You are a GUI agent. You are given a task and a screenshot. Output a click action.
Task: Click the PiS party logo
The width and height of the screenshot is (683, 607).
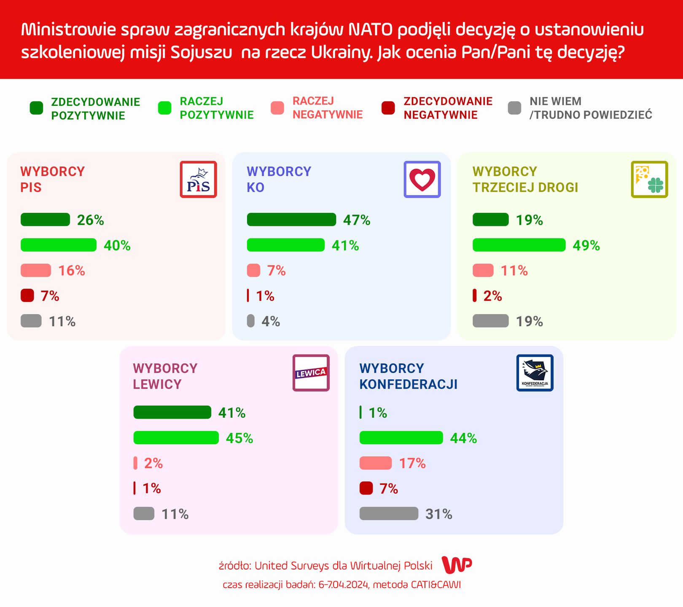[198, 180]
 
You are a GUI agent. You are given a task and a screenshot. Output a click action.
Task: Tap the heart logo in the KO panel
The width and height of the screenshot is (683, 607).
[422, 180]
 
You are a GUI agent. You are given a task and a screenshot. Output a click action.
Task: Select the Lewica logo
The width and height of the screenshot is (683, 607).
[311, 373]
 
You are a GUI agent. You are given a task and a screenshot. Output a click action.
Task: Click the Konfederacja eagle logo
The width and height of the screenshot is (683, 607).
[535, 373]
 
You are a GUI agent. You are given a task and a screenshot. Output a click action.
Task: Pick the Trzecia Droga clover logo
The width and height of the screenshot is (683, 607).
[649, 180]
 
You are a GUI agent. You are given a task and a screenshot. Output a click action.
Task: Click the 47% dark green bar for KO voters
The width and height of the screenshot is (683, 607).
[291, 220]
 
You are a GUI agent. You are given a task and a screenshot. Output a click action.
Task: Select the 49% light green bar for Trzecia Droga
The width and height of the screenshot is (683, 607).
[519, 245]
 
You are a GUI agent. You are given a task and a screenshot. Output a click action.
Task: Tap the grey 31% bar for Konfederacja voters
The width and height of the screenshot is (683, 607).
[389, 513]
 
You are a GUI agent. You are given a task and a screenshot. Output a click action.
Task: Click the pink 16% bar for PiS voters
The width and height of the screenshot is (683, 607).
[36, 270]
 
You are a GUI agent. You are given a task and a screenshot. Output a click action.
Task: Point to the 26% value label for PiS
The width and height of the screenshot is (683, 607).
[90, 220]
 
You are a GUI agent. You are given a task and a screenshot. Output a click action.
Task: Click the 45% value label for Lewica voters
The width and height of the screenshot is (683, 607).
[239, 438]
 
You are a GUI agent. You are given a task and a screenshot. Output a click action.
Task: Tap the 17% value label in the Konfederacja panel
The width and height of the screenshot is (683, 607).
[412, 464]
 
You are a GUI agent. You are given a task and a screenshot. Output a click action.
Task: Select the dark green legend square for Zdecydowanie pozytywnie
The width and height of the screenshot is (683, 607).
[37, 108]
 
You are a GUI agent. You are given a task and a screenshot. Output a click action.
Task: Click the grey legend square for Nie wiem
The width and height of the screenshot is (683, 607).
[514, 108]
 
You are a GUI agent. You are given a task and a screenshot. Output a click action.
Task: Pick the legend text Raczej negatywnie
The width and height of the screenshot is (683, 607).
[327, 108]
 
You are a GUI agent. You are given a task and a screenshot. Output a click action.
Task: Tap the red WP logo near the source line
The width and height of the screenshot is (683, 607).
[457, 565]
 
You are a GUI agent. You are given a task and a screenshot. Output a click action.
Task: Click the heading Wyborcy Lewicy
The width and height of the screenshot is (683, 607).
[165, 376]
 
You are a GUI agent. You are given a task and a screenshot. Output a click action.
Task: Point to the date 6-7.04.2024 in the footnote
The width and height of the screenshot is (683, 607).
[343, 585]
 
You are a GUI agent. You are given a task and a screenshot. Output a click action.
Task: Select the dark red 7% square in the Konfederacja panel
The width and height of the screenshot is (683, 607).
[366, 488]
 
